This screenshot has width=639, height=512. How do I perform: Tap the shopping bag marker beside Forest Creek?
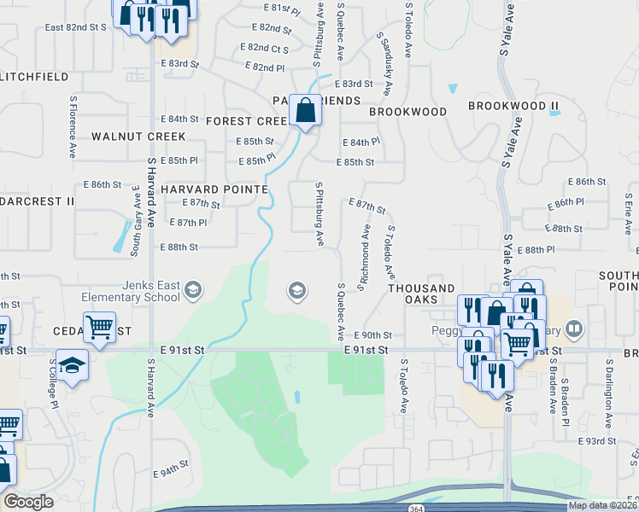(x=305, y=110)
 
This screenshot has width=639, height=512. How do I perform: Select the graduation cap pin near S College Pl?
(x=73, y=365)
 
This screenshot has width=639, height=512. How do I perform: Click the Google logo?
(x=28, y=502)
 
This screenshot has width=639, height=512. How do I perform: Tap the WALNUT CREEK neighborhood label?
(x=138, y=137)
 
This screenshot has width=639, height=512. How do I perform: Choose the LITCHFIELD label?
(x=34, y=77)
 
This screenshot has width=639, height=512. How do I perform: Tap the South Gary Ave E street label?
(x=135, y=220)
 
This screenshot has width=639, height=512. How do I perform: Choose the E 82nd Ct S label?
(x=265, y=48)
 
